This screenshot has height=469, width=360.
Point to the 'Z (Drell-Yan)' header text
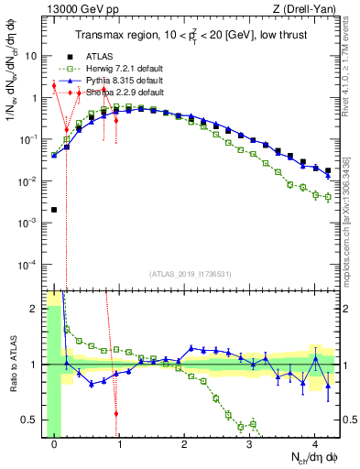[310, 10]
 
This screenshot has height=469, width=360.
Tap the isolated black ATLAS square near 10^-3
[54, 210]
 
